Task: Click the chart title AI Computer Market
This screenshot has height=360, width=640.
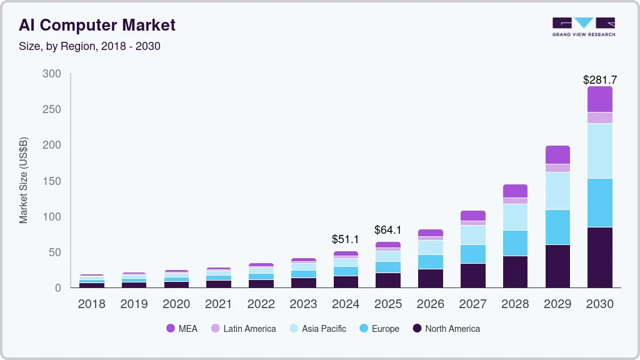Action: pyautogui.click(x=97, y=25)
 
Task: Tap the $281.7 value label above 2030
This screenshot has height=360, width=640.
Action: pyautogui.click(x=600, y=80)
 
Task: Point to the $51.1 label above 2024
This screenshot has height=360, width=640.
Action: pyautogui.click(x=345, y=239)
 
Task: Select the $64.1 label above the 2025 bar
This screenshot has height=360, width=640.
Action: pyautogui.click(x=387, y=230)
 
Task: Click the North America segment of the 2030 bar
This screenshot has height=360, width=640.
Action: pyautogui.click(x=600, y=257)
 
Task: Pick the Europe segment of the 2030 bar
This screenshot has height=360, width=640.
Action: pyautogui.click(x=600, y=202)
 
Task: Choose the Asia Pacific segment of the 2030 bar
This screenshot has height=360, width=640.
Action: pyautogui.click(x=600, y=151)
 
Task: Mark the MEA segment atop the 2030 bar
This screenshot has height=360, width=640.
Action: pyautogui.click(x=600, y=99)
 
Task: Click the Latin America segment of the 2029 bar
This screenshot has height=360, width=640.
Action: pyautogui.click(x=557, y=168)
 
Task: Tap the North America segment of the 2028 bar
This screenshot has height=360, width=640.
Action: pyautogui.click(x=515, y=271)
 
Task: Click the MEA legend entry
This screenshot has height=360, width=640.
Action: pyautogui.click(x=181, y=328)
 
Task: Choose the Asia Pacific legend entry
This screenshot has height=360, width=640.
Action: pyautogui.click(x=317, y=328)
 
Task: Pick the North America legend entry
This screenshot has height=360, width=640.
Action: pyautogui.click(x=446, y=328)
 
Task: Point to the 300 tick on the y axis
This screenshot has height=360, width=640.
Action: pyautogui.click(x=52, y=74)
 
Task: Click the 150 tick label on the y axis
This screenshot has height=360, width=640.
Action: pyautogui.click(x=52, y=181)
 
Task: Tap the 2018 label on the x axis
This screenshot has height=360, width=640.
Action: pyautogui.click(x=92, y=304)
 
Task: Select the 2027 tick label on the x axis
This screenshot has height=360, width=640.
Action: pyautogui.click(x=472, y=304)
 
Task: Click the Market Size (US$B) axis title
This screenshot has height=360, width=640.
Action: pyautogui.click(x=24, y=180)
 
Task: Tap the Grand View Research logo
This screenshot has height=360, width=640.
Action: pyautogui.click(x=583, y=27)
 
